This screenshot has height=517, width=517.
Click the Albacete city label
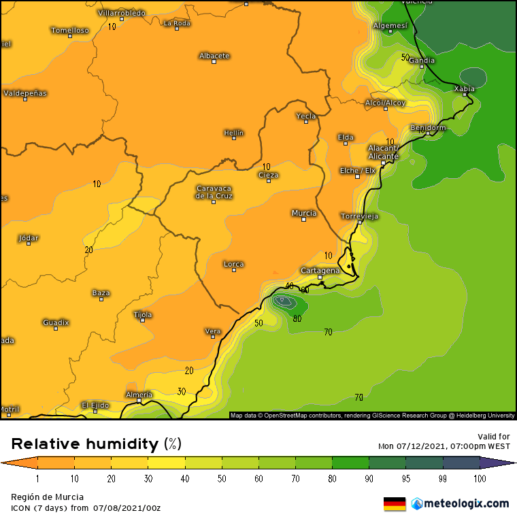coord(214,56)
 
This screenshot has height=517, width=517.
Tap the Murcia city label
coord(303,213)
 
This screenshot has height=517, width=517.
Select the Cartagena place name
coord(320,270)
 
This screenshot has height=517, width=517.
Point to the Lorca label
coord(233,264)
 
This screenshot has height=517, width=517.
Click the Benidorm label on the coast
coord(428,128)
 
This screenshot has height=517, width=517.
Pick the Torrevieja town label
coord(359,216)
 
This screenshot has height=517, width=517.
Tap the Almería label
coord(139,395)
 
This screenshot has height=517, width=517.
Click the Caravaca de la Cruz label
coord(214,192)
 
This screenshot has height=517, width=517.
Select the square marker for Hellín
coord(234,138)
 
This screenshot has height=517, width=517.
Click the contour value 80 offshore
coord(297,318)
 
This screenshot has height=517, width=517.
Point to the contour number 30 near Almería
coord(182,391)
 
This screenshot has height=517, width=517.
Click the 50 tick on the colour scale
coord(222,479)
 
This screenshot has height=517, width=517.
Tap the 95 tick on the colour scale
coord(406,479)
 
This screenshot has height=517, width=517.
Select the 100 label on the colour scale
coord(480,479)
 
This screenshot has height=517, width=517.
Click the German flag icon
coord(395,503)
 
